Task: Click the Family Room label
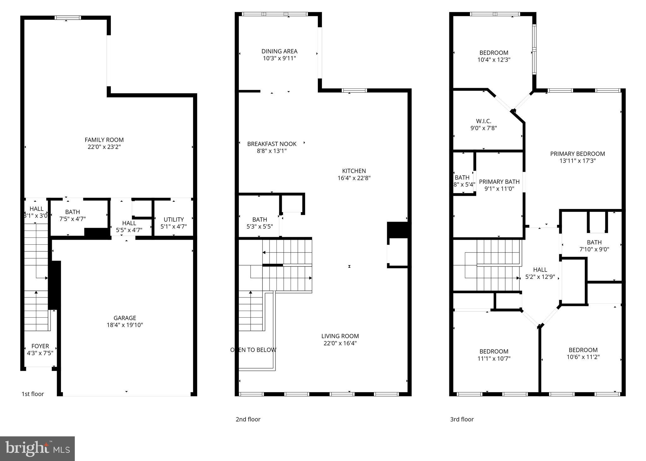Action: [104, 140]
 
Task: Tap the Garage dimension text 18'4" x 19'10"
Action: [125, 325]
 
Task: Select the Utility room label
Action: [174, 219]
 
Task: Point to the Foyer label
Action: [40, 346]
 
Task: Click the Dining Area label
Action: [279, 51]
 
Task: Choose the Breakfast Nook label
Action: [272, 144]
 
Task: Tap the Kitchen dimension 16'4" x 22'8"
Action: [354, 178]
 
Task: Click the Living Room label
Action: [340, 336]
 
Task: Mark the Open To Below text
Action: [253, 350]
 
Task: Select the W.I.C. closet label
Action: [483, 121]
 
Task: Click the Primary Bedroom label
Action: [577, 154]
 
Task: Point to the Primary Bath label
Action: [499, 182]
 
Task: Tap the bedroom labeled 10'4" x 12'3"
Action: [494, 56]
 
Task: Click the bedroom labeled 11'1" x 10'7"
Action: [494, 355]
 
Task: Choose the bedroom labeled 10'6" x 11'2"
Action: [583, 353]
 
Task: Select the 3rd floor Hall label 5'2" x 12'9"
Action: [540, 273]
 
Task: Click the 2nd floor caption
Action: [248, 419]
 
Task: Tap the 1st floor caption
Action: [33, 394]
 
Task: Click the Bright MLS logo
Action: [37, 449]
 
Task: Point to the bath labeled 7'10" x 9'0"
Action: [594, 246]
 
